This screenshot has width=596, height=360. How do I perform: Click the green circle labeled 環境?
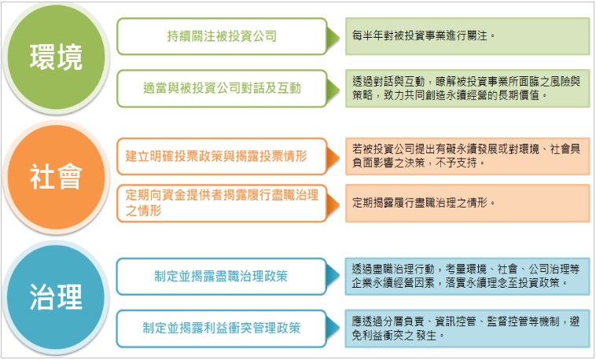[x=56, y=58]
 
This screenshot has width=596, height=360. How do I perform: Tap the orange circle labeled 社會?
[x=56, y=177]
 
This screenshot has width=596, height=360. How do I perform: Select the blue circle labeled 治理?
[x=56, y=297]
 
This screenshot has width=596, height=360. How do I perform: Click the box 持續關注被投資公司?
[x=222, y=36]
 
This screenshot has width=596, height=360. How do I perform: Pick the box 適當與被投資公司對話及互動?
[x=222, y=89]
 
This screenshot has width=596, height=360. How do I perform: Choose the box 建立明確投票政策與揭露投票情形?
[x=222, y=156]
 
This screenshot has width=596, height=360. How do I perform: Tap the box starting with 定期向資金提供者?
[x=222, y=204]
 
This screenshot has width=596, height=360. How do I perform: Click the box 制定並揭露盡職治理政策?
[x=222, y=277]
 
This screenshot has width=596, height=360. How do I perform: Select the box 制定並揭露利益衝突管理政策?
[x=222, y=329]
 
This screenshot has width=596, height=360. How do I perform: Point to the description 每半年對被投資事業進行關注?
[x=468, y=36]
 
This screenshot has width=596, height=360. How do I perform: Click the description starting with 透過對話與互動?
[x=468, y=89]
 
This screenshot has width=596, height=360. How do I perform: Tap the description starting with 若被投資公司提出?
[x=468, y=156]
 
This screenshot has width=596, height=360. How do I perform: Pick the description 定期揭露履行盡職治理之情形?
[x=468, y=204]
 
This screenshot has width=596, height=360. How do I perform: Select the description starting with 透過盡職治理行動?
[x=468, y=277]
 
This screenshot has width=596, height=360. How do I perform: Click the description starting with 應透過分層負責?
[x=468, y=329]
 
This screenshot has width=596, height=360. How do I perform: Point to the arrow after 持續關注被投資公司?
[x=333, y=37]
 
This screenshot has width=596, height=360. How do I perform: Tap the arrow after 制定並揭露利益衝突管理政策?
[x=333, y=329]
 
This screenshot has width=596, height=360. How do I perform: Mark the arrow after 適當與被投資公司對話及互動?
[x=333, y=90]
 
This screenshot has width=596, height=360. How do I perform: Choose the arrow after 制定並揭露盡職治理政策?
[x=333, y=277]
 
